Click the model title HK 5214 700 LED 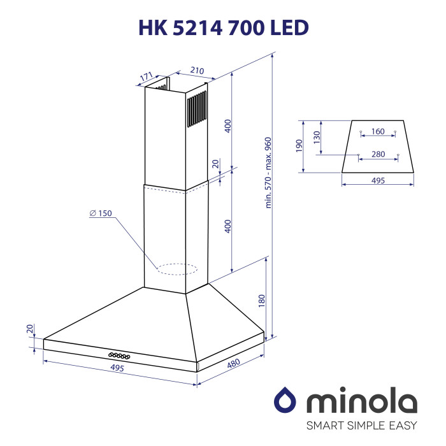224,28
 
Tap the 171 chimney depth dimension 147,76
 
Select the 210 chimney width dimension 197,70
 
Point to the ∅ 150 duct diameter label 101,213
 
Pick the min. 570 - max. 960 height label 268,173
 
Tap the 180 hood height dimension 261,301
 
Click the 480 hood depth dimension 234,364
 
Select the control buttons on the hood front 119,356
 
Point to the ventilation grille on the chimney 197,109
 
